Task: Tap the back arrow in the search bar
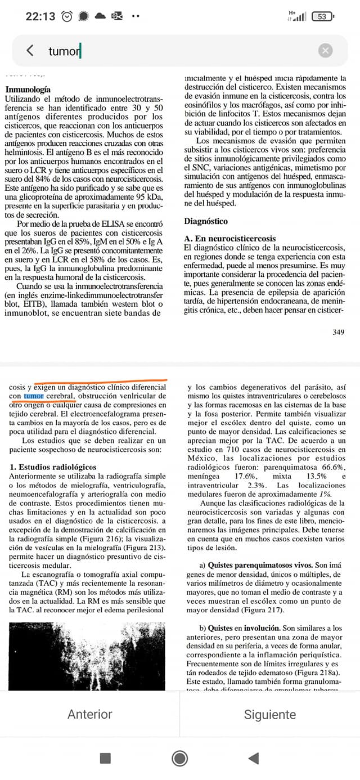click(30, 51)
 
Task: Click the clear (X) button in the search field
click(325, 51)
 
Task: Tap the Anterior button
click(90, 714)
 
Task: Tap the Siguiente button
click(270, 714)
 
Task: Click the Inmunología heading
click(28, 89)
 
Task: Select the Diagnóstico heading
click(206, 222)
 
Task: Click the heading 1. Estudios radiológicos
click(53, 467)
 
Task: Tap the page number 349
click(337, 332)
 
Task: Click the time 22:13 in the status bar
click(40, 16)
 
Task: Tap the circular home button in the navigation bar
click(180, 758)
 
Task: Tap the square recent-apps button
click(105, 758)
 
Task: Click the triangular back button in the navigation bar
click(254, 758)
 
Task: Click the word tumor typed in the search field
click(64, 51)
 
